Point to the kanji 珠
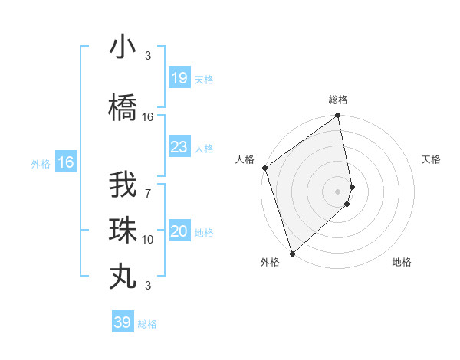123,230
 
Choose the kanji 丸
123,274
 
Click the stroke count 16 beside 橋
148,117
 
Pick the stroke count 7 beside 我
148,183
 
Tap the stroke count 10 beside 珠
148,240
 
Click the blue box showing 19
179,78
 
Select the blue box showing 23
179,147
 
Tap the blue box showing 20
179,231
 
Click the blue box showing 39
122,322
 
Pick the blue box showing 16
65,162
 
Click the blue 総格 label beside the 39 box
147,324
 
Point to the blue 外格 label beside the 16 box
40,163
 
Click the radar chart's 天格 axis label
431,159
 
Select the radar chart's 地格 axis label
402,262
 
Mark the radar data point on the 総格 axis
337,116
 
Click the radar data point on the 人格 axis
264,168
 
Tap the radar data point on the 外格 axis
292,253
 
